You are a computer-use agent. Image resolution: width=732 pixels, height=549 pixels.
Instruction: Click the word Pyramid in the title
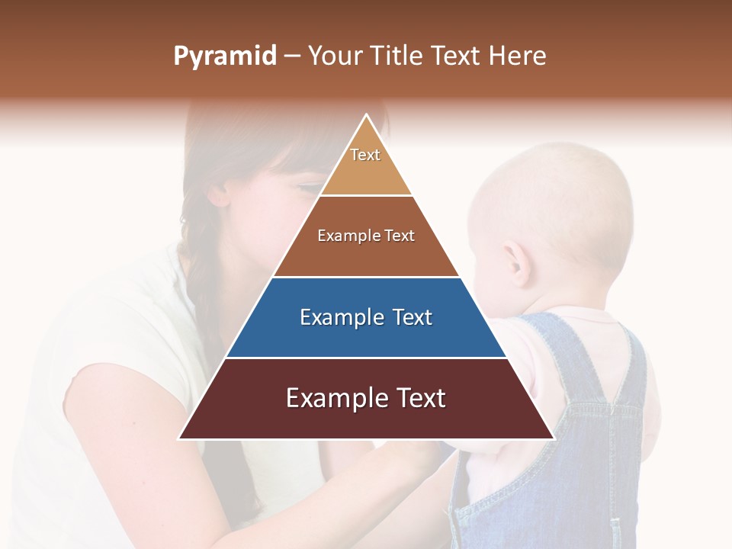pos(225,56)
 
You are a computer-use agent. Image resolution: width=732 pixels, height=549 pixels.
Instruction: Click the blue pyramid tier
pos(366,318)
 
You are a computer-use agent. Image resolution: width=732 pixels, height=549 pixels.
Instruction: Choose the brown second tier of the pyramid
pos(366,236)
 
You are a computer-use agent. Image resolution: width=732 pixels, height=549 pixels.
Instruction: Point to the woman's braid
pos(201,274)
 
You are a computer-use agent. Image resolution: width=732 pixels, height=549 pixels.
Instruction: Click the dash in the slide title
pos(292,56)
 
